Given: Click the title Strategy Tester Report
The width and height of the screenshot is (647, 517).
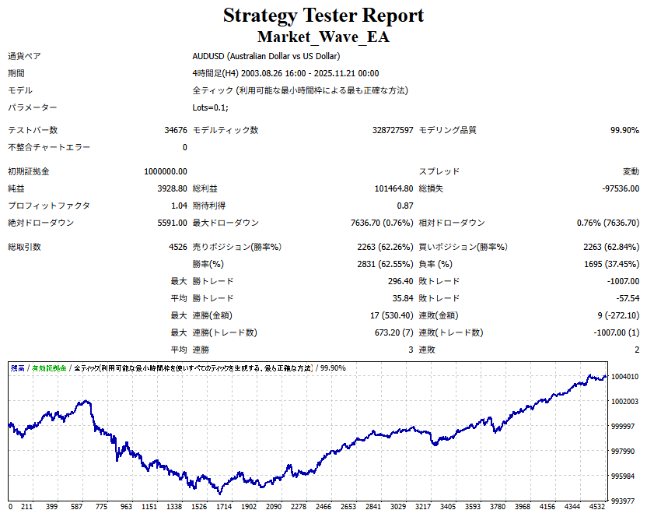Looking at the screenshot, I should (323, 15).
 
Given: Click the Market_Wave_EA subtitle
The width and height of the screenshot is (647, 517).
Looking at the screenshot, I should (323, 37).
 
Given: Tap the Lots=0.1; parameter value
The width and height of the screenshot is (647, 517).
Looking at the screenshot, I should (211, 107).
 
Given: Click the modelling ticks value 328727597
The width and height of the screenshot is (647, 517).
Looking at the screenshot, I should (393, 130).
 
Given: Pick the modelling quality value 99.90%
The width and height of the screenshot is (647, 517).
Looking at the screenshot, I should (624, 130).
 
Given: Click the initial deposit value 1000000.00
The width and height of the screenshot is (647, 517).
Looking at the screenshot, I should (166, 171).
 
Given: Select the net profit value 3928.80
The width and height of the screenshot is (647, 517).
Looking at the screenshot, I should (172, 188).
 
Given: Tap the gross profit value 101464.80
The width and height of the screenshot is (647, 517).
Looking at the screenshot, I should (393, 188).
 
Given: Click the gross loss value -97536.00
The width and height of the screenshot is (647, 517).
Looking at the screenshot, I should (620, 188).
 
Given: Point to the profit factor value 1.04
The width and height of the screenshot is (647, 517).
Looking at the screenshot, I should (178, 206).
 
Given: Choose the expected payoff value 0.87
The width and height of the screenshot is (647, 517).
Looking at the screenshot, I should (404, 206).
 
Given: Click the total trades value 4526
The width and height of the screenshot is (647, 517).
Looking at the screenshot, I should (177, 247).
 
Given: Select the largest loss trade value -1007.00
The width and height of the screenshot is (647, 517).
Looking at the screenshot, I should (621, 281).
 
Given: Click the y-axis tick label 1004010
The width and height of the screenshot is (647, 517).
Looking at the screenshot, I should (625, 377).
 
